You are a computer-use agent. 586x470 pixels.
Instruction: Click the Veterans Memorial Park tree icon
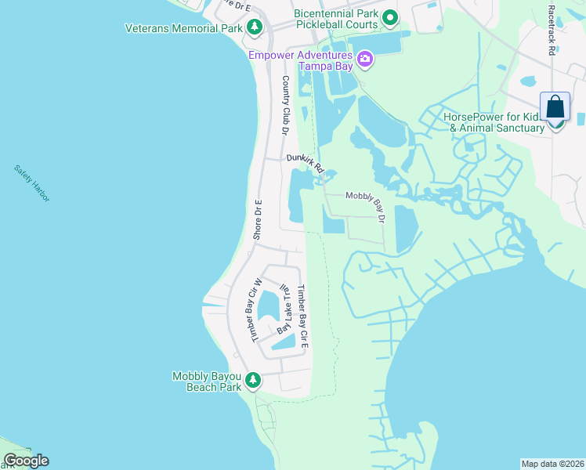(254, 28)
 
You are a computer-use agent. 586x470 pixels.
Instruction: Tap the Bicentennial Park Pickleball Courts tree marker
(389, 16)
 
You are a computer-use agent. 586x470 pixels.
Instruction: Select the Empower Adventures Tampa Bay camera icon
(364, 60)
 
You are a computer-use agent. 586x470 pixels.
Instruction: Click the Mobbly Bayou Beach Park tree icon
(252, 381)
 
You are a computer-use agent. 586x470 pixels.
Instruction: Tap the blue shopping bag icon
(555, 107)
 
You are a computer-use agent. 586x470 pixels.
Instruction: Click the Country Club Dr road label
(286, 105)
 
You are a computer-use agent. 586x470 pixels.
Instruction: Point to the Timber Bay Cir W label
(255, 309)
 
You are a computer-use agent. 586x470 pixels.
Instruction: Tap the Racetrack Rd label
(552, 31)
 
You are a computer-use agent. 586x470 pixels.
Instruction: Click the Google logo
(26, 461)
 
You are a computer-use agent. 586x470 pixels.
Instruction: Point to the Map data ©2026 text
(552, 464)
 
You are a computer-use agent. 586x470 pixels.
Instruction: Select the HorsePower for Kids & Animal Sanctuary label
(494, 122)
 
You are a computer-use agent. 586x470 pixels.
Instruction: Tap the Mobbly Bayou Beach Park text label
(206, 381)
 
